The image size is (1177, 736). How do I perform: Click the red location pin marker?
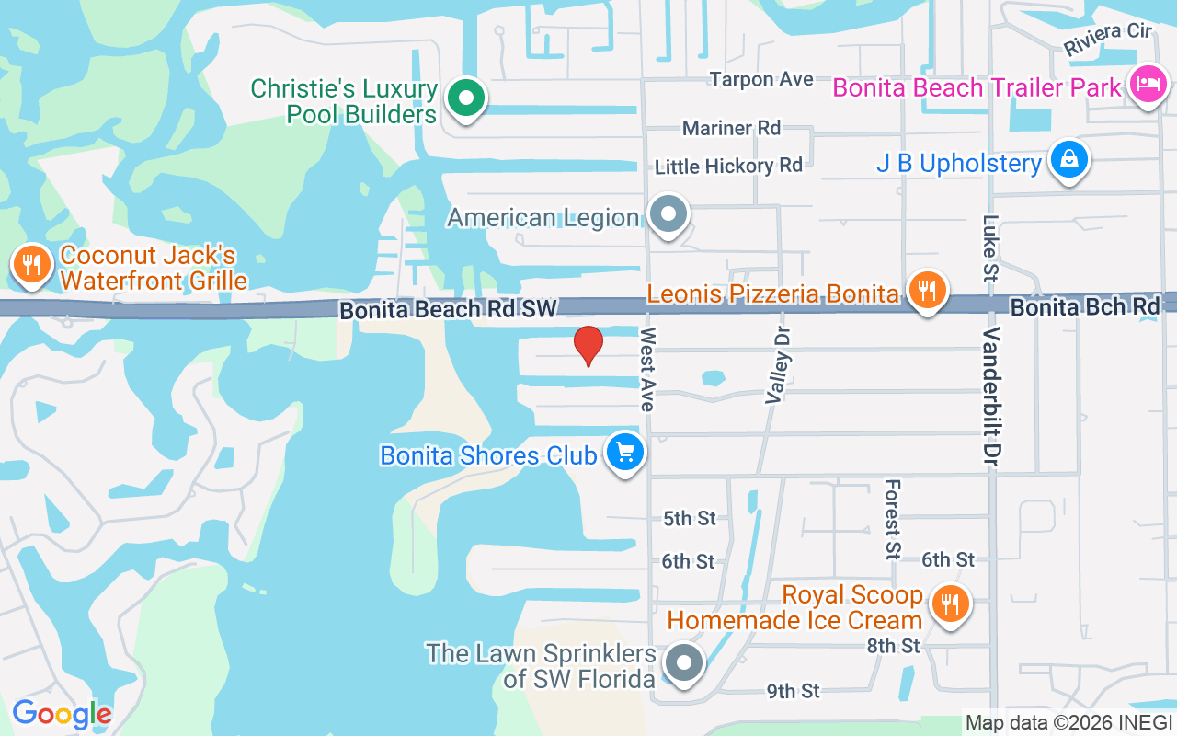(588, 346)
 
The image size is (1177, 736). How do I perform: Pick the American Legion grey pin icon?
(668, 215)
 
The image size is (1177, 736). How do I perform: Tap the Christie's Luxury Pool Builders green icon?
(466, 98)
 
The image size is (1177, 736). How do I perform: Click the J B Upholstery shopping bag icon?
(1069, 160)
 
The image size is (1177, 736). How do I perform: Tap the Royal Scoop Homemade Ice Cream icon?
(947, 604)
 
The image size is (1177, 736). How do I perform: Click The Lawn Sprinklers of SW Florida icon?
(683, 662)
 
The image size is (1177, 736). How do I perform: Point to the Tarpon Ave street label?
(761, 80)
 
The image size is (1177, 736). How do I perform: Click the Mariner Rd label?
(731, 128)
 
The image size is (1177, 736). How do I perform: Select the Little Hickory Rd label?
(728, 167)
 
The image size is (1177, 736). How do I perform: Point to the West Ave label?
(647, 369)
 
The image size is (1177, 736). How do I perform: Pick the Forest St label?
(892, 519)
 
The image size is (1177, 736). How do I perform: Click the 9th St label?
(793, 691)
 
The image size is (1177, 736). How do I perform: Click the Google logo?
(62, 714)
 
